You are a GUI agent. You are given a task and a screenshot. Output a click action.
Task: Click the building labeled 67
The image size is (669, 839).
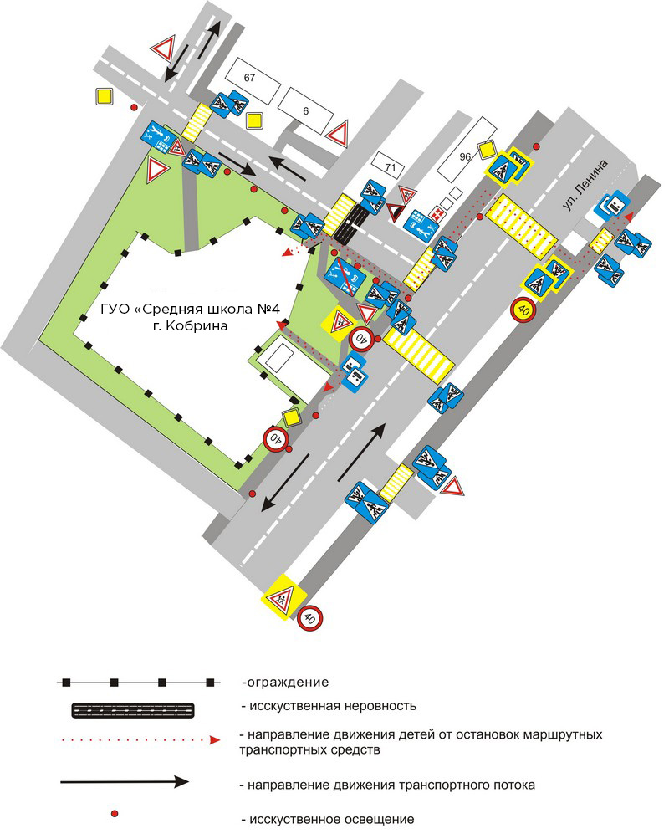coord(253,81)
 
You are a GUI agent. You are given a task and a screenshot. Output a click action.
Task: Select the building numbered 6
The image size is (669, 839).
coord(306,110)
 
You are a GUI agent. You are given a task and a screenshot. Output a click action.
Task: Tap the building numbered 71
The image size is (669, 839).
coord(391,167)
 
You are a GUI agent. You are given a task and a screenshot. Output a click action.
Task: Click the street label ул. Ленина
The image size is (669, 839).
coord(585,185)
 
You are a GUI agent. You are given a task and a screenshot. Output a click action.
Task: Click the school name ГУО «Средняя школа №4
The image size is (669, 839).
coord(191,310)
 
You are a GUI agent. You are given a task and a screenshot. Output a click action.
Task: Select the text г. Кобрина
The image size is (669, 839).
coord(191,325)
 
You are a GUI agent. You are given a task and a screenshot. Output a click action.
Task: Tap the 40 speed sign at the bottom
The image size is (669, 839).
coord(310,618)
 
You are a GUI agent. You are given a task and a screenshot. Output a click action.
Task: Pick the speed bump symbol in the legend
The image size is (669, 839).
coord(133,710)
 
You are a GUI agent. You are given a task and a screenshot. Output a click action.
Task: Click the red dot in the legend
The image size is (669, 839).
coord(114,814)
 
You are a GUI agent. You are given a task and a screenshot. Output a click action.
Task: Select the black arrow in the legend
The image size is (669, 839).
coord(125,782)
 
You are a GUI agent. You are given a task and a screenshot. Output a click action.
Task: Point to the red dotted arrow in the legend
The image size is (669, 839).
coord(139,740)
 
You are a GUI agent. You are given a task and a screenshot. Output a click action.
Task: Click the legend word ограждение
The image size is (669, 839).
coord(285,683)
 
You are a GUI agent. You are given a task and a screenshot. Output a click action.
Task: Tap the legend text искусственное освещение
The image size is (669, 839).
coord(328,819)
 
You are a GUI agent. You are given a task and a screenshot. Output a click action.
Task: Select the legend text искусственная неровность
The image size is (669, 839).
coord(329,706)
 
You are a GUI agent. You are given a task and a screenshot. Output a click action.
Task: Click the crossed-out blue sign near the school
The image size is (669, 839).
coord(345,276)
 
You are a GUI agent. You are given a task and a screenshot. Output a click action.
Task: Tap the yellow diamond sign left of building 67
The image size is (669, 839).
coord(105,97)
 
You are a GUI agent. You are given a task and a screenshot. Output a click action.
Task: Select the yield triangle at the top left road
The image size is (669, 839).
coord(164,49)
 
